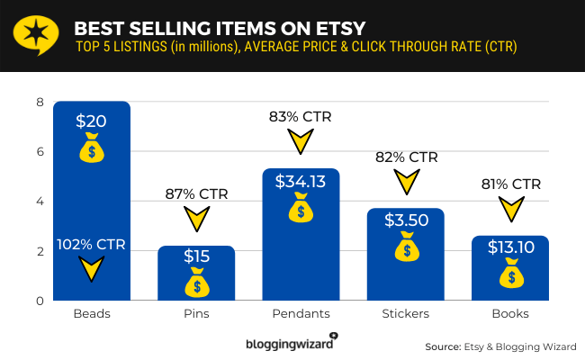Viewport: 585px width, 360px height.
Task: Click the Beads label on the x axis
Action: click(92, 314)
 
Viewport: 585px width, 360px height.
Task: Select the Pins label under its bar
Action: click(196, 314)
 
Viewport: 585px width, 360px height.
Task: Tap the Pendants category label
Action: click(301, 314)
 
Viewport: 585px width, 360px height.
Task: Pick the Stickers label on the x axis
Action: click(405, 314)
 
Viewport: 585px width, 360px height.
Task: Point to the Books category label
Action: click(509, 314)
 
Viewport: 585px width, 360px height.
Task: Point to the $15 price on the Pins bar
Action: click(196, 256)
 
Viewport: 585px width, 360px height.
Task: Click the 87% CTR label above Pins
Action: click(196, 193)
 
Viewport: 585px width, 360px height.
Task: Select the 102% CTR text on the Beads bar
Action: click(91, 244)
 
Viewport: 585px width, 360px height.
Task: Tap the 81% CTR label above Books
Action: click(510, 184)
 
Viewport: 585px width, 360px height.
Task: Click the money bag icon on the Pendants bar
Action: click(301, 211)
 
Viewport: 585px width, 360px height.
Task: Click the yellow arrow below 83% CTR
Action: click(301, 142)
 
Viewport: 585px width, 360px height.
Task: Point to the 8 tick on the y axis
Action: click(40, 102)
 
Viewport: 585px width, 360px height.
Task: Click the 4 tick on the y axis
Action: click(40, 202)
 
